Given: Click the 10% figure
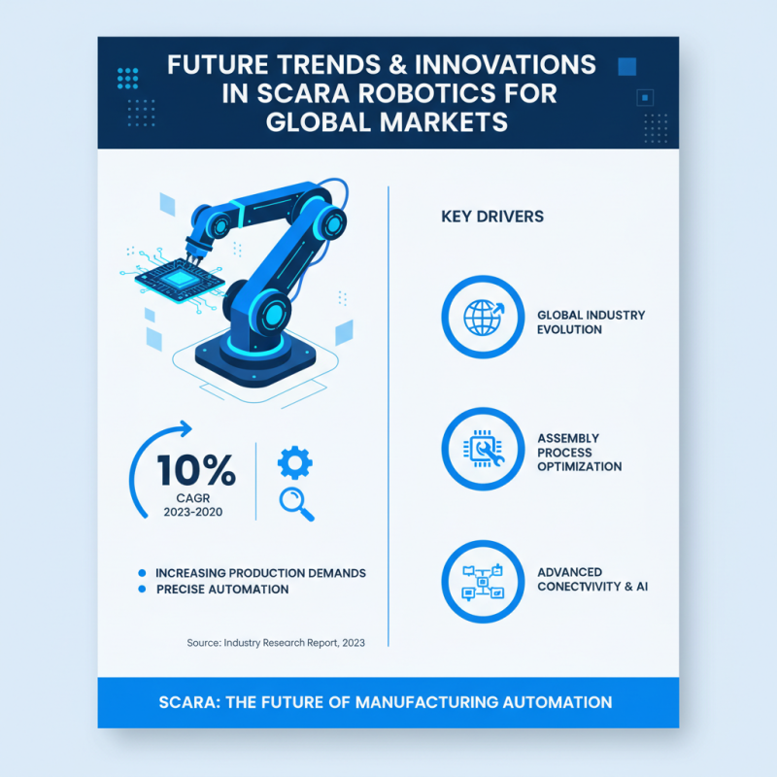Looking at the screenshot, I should coord(196,470).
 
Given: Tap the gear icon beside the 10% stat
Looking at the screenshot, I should coord(294,462).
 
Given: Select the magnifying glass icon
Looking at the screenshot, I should coord(294,503).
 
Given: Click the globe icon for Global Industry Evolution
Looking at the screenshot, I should coord(484,317).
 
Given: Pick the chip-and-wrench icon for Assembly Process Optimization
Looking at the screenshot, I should coord(483,449).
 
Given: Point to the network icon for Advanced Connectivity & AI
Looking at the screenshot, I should coord(483,582).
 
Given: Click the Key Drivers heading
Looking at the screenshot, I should coord(492,217).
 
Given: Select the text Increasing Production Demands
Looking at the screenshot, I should coord(260,573).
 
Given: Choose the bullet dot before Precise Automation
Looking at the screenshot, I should coord(143,590).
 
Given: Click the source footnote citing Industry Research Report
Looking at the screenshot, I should coord(276,643).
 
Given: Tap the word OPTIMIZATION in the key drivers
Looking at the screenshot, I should coord(579,466).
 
